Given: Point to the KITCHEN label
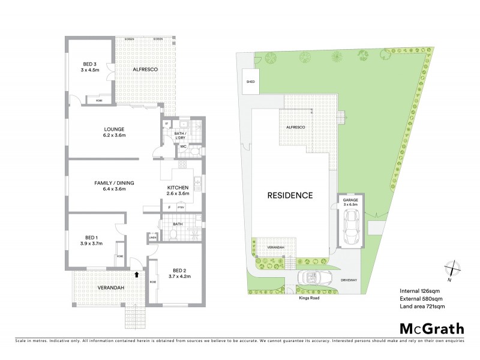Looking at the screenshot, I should coord(178,190).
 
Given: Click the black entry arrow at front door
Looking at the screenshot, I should coord(137,274).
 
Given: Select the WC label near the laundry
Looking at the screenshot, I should coord(184,146).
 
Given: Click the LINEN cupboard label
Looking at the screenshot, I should coord(152,238).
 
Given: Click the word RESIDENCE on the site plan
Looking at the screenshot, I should coord(290,196).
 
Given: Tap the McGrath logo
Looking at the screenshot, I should coord(431,328).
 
